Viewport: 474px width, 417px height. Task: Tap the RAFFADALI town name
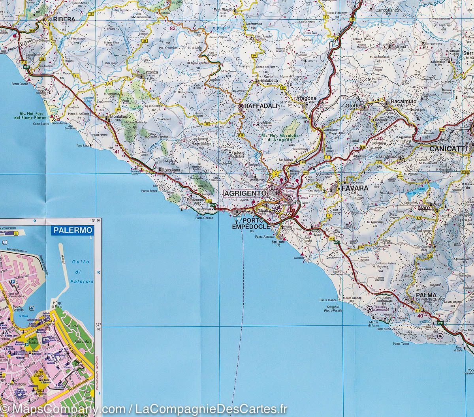256,106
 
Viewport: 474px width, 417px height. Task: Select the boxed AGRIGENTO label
245,193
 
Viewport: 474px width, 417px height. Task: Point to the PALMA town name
426,295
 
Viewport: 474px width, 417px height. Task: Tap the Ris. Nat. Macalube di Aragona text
276,138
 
